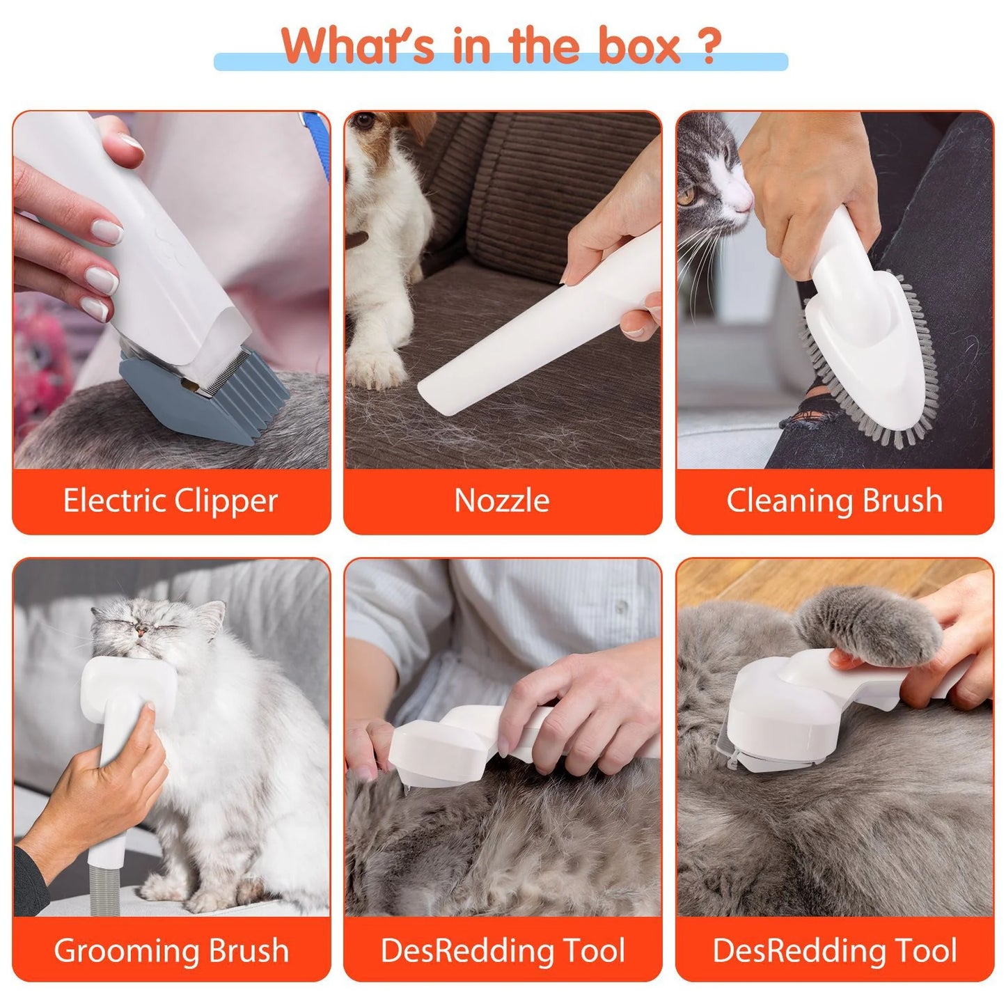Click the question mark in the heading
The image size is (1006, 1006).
coord(708,47)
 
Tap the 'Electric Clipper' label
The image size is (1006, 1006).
coord(171,501)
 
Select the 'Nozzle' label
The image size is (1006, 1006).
coord(502,501)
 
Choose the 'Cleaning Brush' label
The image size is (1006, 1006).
coord(834,501)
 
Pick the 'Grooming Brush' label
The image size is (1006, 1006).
coord(171,950)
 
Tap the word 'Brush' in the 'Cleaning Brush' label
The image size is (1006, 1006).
coord(902,501)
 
